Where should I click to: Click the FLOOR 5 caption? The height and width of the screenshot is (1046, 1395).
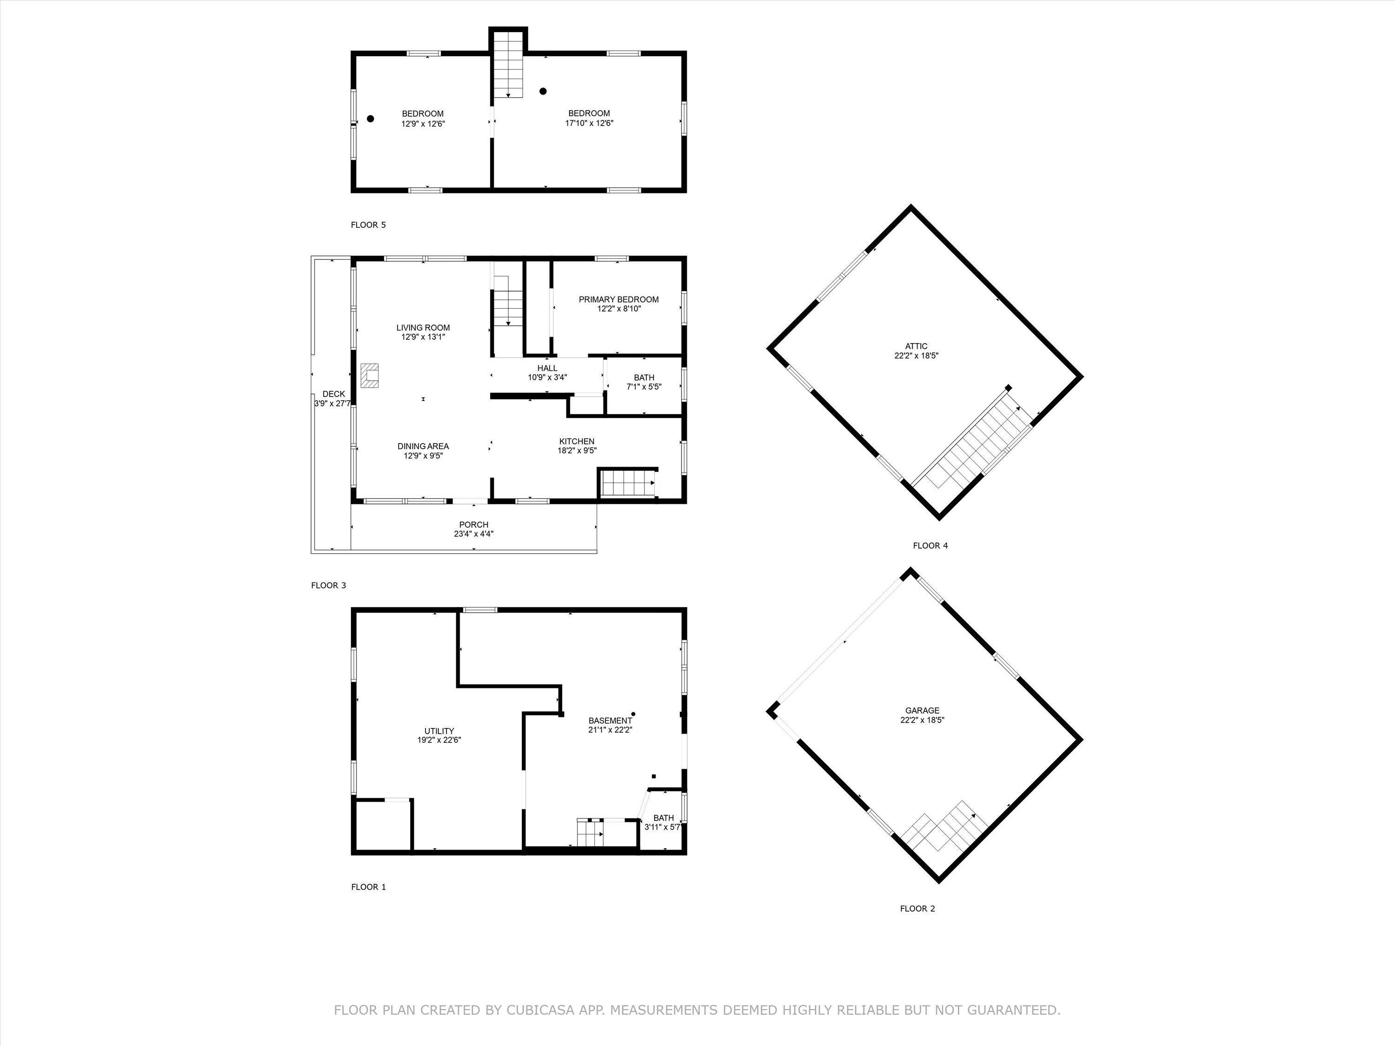(368, 225)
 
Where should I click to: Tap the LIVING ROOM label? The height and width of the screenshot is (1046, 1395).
(423, 327)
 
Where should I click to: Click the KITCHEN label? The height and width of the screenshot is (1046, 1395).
(577, 441)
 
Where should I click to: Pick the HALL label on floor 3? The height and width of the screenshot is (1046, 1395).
(547, 368)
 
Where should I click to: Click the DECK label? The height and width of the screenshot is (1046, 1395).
(333, 394)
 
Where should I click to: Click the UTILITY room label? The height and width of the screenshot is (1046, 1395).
(439, 731)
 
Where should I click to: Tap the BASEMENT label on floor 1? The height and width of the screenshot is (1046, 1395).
(609, 721)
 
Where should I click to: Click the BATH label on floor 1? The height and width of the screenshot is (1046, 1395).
(664, 818)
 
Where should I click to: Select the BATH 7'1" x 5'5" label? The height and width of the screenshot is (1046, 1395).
(644, 377)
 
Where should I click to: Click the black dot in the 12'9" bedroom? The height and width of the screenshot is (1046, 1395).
(371, 119)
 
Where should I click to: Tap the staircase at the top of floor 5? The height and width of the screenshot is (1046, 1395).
(508, 66)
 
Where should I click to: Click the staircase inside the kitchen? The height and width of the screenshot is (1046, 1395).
(627, 484)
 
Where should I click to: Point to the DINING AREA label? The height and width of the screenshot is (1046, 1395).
(423, 446)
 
